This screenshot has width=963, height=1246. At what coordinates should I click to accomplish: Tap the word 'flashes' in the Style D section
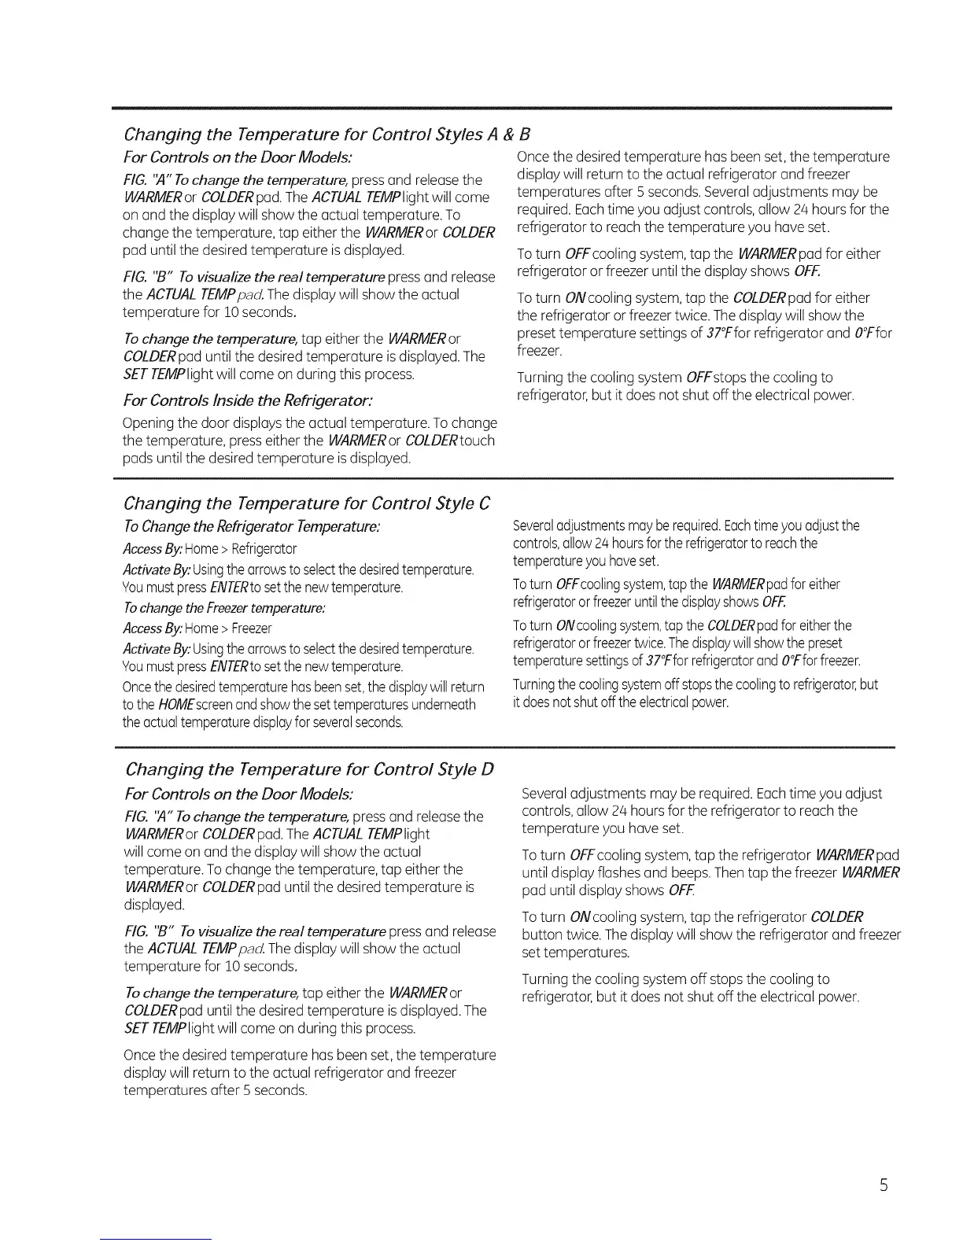click(622, 873)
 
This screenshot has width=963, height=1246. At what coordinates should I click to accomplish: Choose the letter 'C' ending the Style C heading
click(485, 503)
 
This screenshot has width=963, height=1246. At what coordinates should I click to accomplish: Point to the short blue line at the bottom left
click(156, 1239)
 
